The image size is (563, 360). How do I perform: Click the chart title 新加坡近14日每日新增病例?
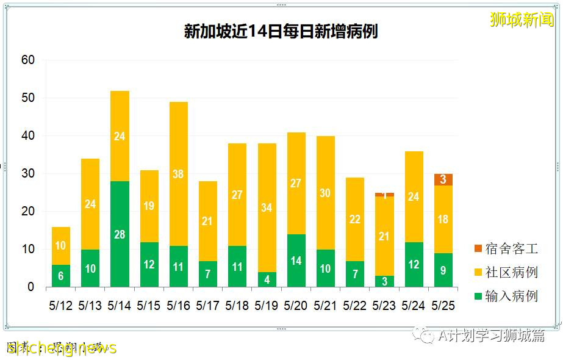point(281,31)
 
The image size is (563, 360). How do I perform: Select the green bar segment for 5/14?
point(120,234)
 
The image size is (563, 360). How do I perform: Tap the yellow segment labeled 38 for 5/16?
point(178,174)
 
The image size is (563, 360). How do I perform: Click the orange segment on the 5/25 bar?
point(443,179)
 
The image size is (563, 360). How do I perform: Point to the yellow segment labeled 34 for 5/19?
point(267,207)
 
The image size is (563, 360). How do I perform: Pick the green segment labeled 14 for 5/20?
point(296,261)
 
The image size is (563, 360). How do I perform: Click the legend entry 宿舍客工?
point(506,249)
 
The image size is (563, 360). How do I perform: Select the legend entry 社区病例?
point(506,272)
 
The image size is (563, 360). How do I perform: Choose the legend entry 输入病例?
point(506,296)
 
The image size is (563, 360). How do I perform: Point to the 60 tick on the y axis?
point(28,60)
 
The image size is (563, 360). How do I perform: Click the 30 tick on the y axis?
point(28,174)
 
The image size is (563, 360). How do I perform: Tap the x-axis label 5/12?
point(60,304)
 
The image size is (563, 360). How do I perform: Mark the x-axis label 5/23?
point(384,304)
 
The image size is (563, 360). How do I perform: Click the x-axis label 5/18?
point(237,304)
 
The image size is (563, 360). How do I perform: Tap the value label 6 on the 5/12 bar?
point(60,276)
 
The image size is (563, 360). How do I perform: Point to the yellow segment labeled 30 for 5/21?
point(325,193)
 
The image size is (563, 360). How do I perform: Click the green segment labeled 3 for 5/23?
point(384,281)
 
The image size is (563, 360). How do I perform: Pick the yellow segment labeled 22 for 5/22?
point(355,219)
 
